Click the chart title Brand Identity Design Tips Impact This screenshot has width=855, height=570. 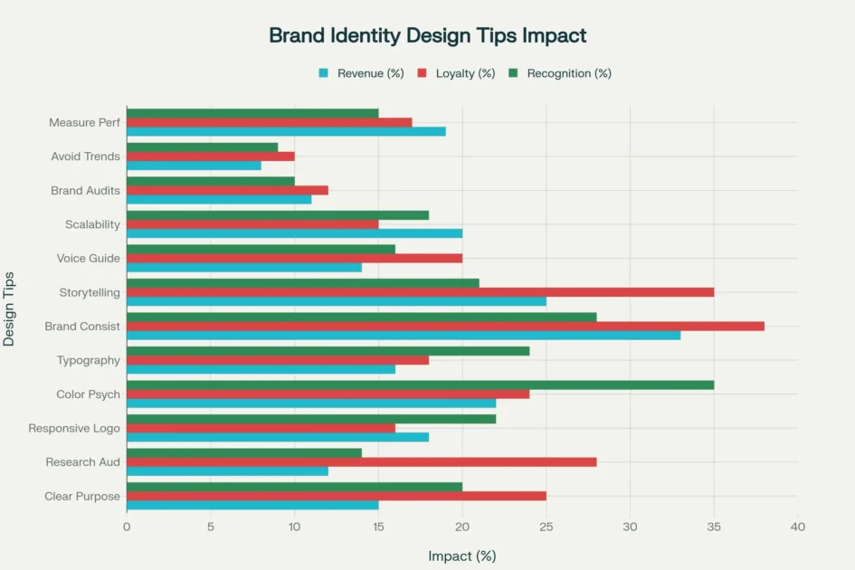tap(427, 36)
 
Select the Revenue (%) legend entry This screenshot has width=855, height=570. tap(361, 73)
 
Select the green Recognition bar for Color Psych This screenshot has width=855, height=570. tap(420, 385)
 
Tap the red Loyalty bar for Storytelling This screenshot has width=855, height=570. tap(420, 292)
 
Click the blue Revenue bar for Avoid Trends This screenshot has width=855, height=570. tap(194, 166)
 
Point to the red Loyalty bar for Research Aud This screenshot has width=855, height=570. tap(361, 461)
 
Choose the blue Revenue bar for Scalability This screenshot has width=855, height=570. tap(294, 233)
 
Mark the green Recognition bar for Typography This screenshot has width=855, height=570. tap(328, 351)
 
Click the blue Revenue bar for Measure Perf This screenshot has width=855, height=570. tap(286, 131)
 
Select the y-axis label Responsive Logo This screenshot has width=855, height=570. tap(74, 428)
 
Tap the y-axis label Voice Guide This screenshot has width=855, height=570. tap(88, 258)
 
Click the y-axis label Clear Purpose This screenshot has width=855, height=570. tap(82, 496)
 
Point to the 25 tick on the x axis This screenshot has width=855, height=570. tap(546, 527)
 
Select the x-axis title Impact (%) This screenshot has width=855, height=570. tap(461, 556)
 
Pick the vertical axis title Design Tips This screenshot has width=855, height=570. tap(10, 308)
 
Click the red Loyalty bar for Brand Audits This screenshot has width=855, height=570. tap(227, 190)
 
